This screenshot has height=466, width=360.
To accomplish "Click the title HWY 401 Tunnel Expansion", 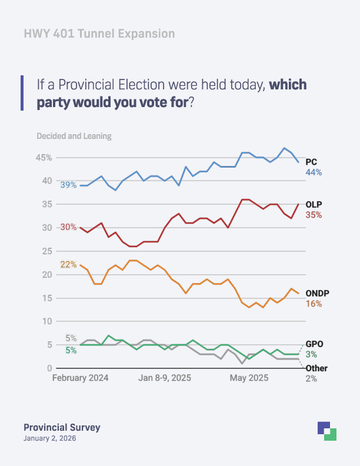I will click(99, 34).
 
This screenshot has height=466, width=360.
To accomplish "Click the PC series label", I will click(312, 162).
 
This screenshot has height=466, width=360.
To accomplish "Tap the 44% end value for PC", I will click(314, 172).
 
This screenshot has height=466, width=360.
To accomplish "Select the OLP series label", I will click(314, 205).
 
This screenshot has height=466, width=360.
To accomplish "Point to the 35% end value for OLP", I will click(314, 215).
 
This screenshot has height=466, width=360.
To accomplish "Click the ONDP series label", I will click(317, 294).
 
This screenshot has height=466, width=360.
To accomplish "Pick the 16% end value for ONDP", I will click(314, 304).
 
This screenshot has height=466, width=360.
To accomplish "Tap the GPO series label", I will click(314, 344).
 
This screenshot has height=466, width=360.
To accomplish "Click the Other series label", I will click(316, 368).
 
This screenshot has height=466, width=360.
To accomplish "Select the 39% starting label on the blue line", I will click(68, 185).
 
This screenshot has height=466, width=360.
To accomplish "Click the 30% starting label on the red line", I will click(68, 227).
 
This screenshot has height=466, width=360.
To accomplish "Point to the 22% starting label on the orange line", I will click(68, 265).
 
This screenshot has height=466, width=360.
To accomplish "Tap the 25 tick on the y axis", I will click(47, 251).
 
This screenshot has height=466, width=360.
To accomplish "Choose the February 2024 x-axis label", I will click(80, 378).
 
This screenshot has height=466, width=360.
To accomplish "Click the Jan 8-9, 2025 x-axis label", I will click(165, 378).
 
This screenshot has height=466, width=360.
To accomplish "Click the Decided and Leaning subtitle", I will click(74, 136).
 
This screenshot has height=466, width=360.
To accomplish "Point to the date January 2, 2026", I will click(49, 438).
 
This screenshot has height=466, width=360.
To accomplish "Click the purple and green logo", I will click(326, 431).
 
